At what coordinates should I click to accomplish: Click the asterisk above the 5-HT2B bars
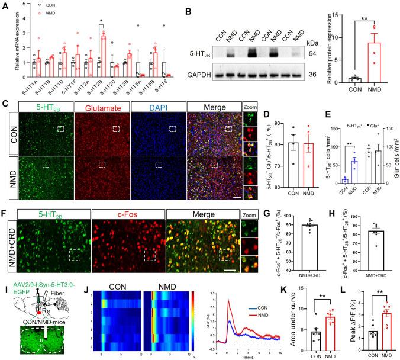point(102,27)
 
